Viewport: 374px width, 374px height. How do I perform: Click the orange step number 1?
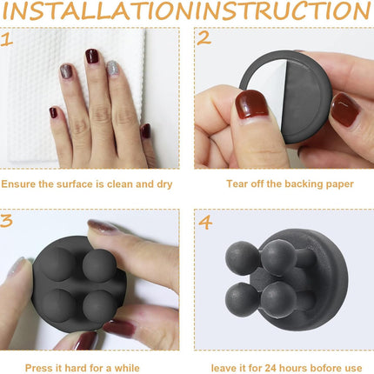click(6, 39)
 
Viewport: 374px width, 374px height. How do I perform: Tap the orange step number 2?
click(204, 38)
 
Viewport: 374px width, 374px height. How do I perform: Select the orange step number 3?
click(6, 221)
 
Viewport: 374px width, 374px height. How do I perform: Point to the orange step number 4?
click(205, 223)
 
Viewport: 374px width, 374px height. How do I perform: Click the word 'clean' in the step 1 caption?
click(120, 184)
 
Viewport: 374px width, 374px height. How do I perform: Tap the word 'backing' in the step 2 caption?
click(304, 184)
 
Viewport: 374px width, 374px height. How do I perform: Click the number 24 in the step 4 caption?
click(270, 368)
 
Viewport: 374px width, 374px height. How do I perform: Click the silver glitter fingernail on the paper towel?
click(112, 69)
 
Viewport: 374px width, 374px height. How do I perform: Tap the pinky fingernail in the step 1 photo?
click(53, 112)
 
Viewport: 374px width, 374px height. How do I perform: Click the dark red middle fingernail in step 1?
click(92, 56)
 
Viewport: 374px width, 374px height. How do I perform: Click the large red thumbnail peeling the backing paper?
click(251, 104)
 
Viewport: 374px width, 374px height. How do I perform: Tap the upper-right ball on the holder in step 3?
click(99, 265)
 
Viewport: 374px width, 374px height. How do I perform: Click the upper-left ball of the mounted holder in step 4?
click(242, 258)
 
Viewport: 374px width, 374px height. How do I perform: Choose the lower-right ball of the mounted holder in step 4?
click(278, 298)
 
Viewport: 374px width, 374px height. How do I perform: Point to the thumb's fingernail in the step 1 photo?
click(145, 131)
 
